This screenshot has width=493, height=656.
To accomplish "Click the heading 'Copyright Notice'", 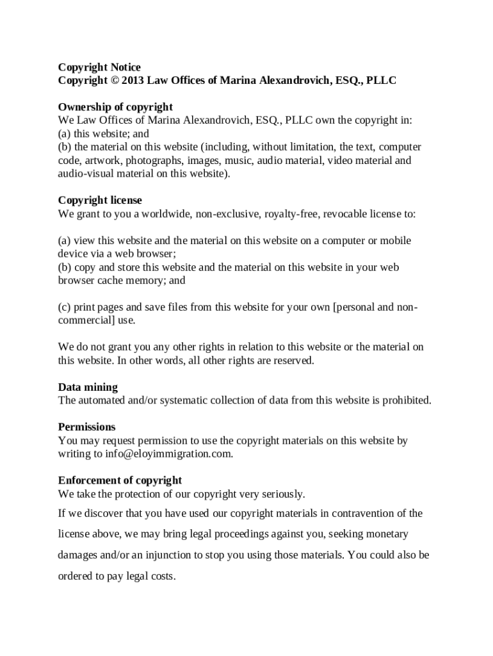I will pyautogui.click(x=99, y=67).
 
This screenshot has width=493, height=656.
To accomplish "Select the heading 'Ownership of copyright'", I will pyautogui.click(x=115, y=107).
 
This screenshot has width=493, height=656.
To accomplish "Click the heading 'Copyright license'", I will pyautogui.click(x=100, y=201).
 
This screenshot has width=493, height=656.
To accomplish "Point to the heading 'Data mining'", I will pyautogui.click(x=88, y=387).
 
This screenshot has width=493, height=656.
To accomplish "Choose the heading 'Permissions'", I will pyautogui.click(x=87, y=427).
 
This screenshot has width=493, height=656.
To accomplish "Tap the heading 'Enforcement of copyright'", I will pyautogui.click(x=120, y=480).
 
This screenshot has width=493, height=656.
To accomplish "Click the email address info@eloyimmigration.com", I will pyautogui.click(x=169, y=454).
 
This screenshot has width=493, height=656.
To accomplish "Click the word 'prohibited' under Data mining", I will pyautogui.click(x=406, y=400).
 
